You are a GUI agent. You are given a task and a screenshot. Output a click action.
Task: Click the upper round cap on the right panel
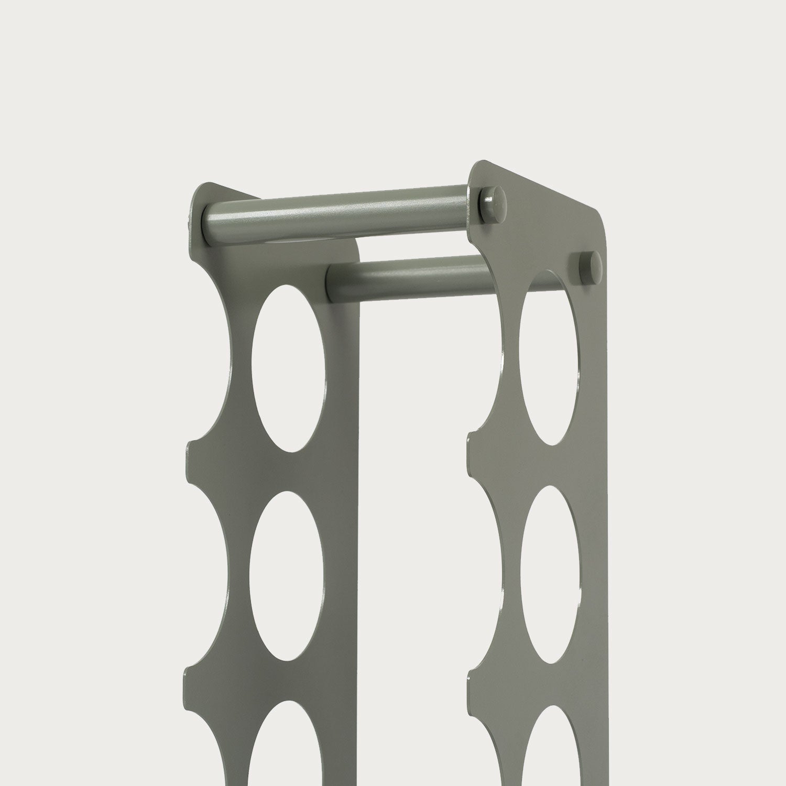tap(493, 201)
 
